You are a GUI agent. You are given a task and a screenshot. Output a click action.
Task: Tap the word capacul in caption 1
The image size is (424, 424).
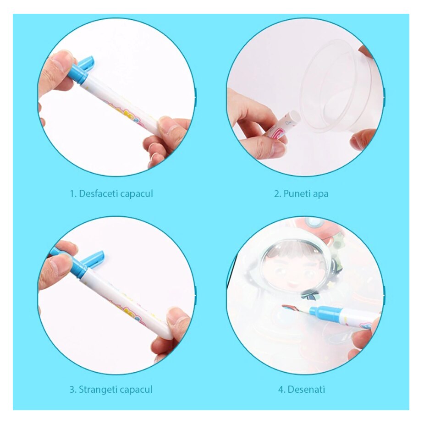coord(137,194)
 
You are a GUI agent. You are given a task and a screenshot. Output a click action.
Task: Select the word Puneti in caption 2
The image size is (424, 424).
coord(294,194)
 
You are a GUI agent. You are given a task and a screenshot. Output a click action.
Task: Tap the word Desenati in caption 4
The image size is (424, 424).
coord(306,390)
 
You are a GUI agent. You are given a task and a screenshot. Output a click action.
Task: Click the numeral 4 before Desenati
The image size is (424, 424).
coord(281,390)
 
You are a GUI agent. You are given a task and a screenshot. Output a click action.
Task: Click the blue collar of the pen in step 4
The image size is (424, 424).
coord(325,314)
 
